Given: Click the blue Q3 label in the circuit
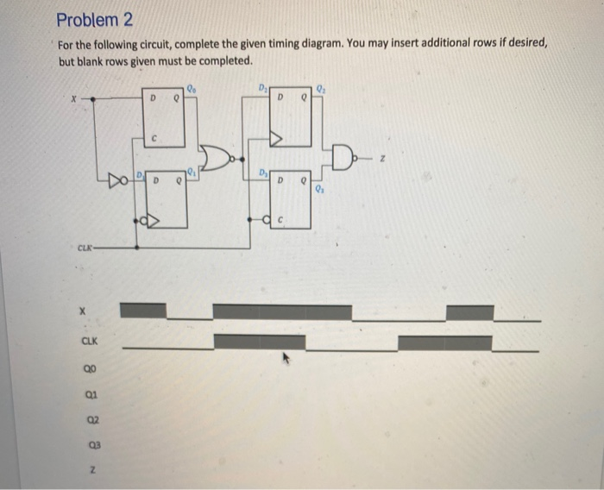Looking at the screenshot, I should click(x=319, y=190).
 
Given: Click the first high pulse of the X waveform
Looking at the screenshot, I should click(x=142, y=311).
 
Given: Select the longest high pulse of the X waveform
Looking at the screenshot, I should click(x=282, y=311).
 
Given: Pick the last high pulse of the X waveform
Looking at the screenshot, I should click(x=470, y=311).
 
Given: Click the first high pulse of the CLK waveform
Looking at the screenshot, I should click(x=259, y=342).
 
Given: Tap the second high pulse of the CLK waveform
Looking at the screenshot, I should click(x=445, y=342).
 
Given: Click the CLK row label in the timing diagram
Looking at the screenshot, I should click(x=89, y=342).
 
